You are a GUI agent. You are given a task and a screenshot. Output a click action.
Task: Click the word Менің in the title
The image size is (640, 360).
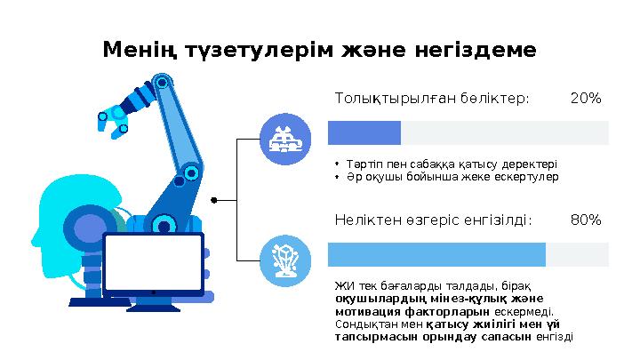point(132,50)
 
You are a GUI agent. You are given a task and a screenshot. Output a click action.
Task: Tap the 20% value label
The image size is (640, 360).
point(585,98)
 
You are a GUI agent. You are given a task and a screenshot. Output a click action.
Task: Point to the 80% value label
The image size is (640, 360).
point(585,219)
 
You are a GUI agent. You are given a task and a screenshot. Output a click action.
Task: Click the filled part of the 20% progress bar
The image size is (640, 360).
point(364,132)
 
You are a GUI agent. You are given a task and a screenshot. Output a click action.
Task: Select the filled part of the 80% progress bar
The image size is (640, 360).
point(436,254)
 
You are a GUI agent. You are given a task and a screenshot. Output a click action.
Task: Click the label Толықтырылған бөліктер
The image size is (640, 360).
point(431,98)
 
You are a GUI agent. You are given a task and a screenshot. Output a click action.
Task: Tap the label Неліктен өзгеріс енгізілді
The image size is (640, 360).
point(433,219)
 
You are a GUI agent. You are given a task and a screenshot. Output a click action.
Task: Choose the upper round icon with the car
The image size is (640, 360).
point(284,140)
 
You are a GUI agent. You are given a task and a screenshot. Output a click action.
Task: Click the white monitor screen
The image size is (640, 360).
point(154,262)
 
